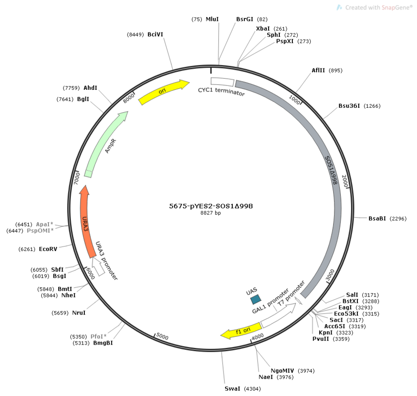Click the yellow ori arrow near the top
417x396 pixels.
click(x=163, y=92)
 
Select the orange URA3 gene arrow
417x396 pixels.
click(x=86, y=221)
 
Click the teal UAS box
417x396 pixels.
click(x=256, y=299)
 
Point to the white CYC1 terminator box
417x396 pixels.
click(x=223, y=82)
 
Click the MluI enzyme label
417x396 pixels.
click(x=212, y=19)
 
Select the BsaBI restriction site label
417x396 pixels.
click(x=377, y=218)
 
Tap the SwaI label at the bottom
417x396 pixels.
click(x=232, y=389)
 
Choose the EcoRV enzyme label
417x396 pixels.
click(x=48, y=249)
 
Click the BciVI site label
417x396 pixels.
click(x=155, y=34)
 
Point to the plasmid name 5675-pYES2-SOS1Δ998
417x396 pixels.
click(x=211, y=206)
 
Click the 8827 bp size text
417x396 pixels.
click(x=210, y=213)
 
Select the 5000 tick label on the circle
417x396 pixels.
click(x=162, y=336)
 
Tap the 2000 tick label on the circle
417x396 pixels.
click(x=345, y=181)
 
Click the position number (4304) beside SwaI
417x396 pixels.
click(x=252, y=389)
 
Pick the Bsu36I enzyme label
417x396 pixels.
click(x=349, y=106)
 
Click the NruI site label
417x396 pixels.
click(x=79, y=313)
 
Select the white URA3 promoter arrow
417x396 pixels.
click(x=97, y=266)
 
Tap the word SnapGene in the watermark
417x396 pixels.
click(x=396, y=7)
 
